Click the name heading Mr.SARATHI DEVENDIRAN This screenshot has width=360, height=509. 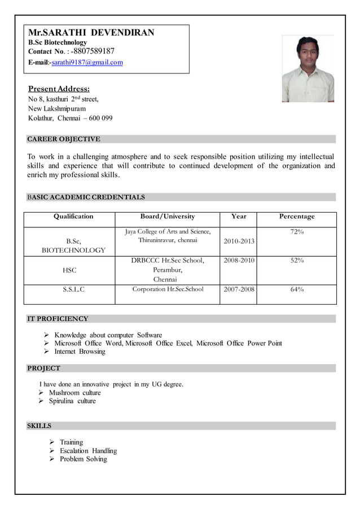pos(91,33)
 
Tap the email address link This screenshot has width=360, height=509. pos(87,63)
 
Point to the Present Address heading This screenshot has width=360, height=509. pos(59,89)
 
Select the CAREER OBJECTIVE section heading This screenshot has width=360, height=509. pos(64,139)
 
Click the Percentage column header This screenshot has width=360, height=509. pos(297,217)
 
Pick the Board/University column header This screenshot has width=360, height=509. pos(167,217)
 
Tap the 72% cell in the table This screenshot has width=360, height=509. pos(297,232)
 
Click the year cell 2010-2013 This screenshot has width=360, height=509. pos(239,242)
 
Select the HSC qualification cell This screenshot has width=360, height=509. pos(69,270)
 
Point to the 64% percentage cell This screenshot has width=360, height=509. pos(297,290)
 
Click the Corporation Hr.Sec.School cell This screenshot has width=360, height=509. pos(168,289)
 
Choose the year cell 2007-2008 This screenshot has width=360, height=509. pos(239,290)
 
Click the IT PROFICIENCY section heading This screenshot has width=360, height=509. pos(58,319)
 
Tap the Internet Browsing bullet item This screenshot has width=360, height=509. pos(80,352)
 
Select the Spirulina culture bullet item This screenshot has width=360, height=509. pos(72,401)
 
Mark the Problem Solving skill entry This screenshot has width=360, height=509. pos(84,459)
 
